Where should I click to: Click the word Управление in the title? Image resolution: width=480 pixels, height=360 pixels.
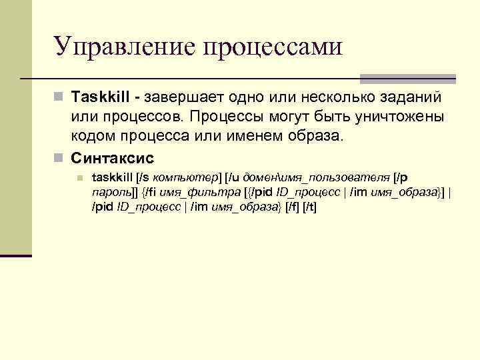point(123,47)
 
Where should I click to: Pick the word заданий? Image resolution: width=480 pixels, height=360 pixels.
point(407,98)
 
